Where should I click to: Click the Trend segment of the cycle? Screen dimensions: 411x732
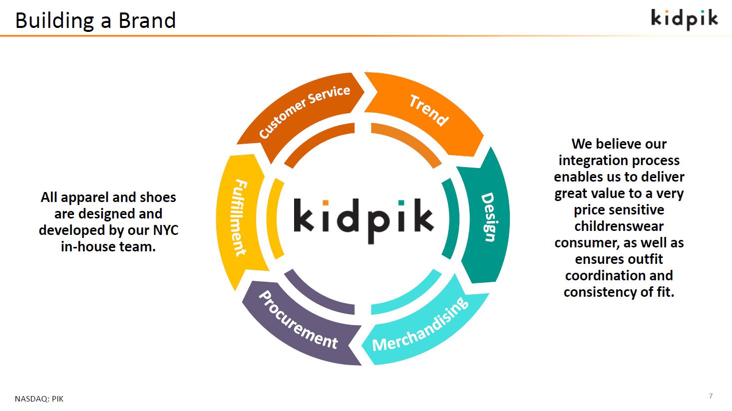pos(428,110)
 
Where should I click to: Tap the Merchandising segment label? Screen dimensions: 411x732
pos(420,325)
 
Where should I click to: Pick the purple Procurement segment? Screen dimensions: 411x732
pos(298,321)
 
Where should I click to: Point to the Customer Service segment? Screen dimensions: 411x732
pos(304,111)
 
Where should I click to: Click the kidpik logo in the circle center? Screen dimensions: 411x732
pos(363,219)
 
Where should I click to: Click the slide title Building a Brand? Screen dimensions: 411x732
pos(95,20)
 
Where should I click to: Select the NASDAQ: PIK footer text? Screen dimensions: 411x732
pos(39,399)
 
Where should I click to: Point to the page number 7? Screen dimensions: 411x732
pos(711,396)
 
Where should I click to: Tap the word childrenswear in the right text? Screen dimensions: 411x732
pos(619,226)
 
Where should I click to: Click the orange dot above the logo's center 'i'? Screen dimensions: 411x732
pos(325,203)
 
